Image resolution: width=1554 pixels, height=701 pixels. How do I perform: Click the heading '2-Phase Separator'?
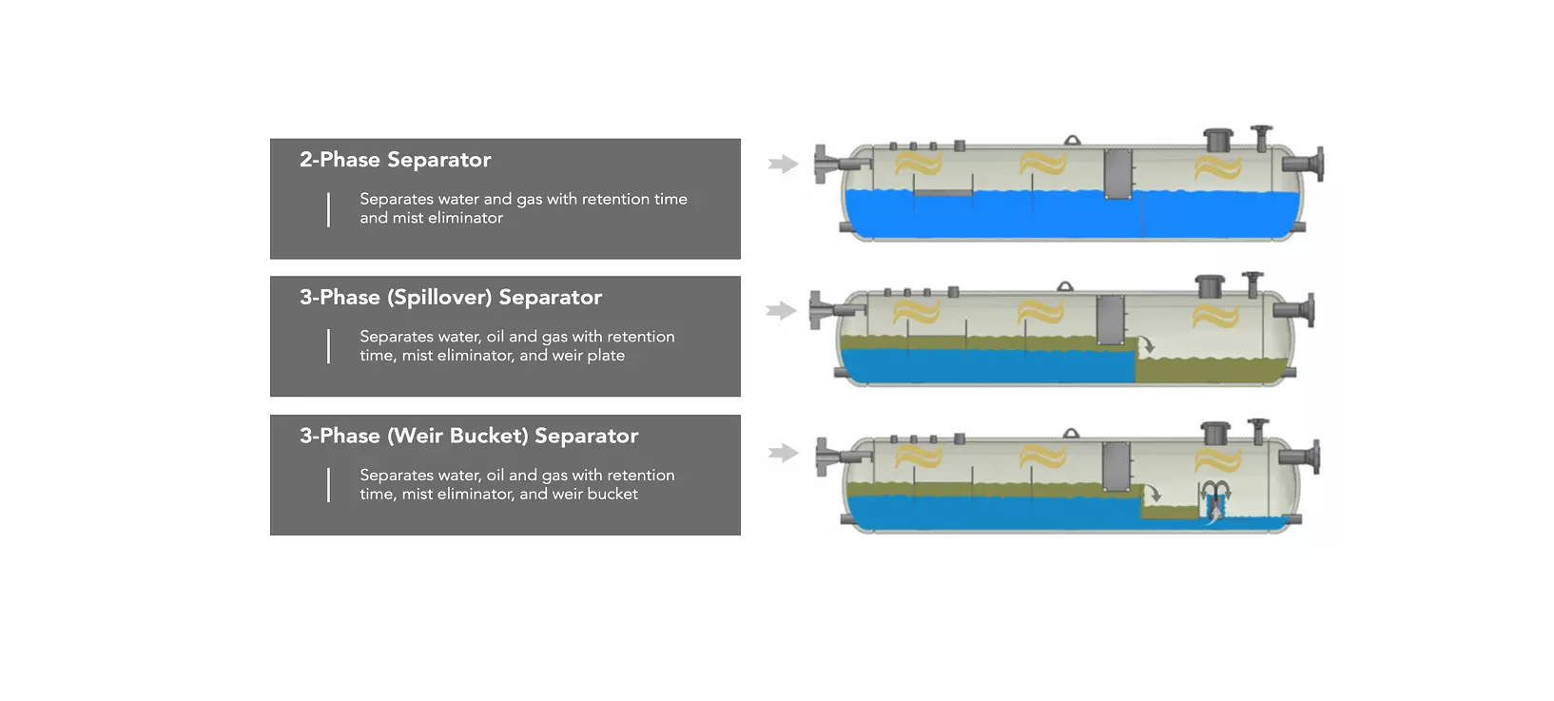pos(395,160)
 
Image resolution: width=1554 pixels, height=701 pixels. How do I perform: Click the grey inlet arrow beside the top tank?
pos(783,165)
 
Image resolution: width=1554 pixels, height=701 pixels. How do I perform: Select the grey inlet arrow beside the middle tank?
pos(781,311)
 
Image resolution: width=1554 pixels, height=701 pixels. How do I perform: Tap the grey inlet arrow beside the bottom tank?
pos(783,453)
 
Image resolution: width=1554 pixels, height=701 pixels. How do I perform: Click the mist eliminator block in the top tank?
pos(1117,173)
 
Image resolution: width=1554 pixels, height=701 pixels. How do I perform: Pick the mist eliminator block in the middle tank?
pos(1110,321)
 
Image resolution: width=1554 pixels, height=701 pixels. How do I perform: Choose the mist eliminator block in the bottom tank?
pos(1116,467)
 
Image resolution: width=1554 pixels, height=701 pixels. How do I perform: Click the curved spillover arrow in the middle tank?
pos(1148,344)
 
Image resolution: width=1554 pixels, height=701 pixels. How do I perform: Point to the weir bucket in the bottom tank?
pos(1214,501)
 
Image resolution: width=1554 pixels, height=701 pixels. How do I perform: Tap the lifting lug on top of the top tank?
pos(1072,141)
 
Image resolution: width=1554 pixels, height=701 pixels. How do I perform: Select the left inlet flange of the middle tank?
pos(817,310)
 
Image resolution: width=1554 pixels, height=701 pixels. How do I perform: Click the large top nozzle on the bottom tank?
pos(1215,433)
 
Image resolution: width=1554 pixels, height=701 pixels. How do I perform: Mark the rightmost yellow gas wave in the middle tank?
pos(1215,314)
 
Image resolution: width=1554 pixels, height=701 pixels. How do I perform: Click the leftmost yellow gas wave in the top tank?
pos(918,165)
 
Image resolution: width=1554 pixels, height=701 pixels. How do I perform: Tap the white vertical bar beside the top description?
pos(328,209)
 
